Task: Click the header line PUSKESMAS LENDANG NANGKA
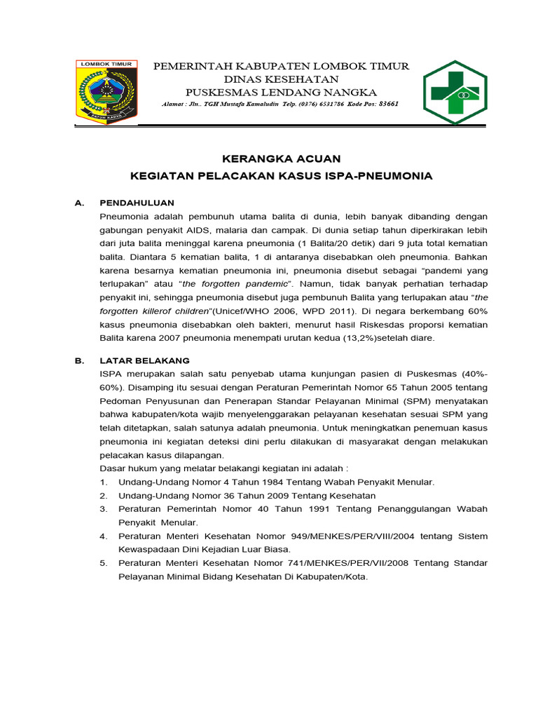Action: click(281, 93)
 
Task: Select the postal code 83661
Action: click(389, 104)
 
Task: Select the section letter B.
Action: click(79, 361)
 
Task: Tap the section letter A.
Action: click(79, 203)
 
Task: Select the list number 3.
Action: click(103, 509)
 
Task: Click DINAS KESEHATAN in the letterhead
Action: click(281, 79)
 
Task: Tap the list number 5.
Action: click(103, 564)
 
